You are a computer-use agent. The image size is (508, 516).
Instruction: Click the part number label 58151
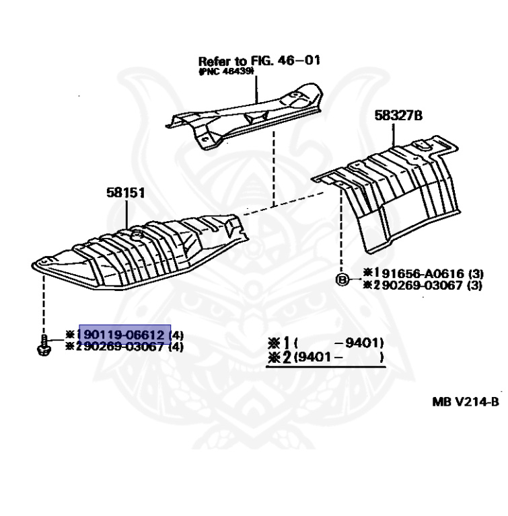(125, 192)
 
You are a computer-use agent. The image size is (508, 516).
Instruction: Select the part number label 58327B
(398, 116)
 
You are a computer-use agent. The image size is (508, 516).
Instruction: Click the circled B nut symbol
(341, 278)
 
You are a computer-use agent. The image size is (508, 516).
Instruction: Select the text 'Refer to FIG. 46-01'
(258, 61)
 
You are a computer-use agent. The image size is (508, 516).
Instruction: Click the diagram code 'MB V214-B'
(466, 402)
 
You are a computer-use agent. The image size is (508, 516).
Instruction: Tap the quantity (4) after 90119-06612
(176, 335)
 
